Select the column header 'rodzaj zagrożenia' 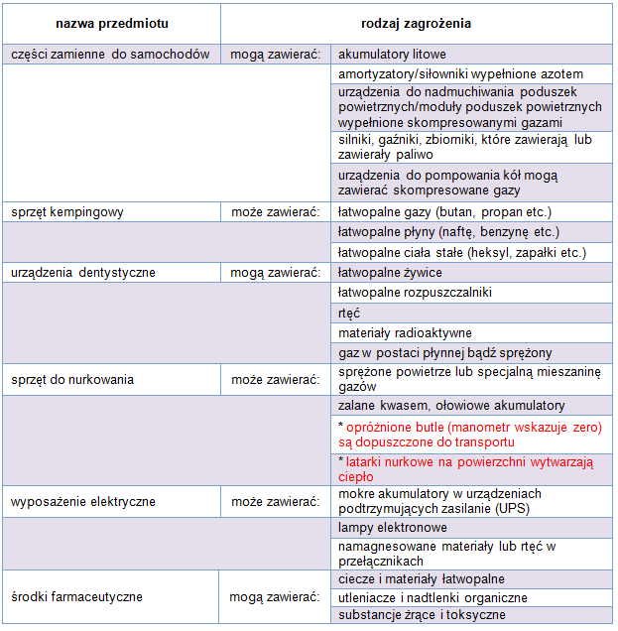click(x=416, y=22)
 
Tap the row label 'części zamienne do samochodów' click(x=110, y=55)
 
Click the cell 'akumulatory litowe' click(x=392, y=55)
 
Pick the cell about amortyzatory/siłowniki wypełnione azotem click(x=460, y=74)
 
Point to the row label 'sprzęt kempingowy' click(x=66, y=211)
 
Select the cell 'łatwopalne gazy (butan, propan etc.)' click(x=443, y=211)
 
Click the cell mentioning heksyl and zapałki click(x=461, y=252)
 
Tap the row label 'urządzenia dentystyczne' click(x=83, y=272)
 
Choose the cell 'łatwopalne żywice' click(x=390, y=272)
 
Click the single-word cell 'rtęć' click(x=349, y=313)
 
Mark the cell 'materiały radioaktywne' click(x=405, y=332)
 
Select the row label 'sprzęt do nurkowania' click(x=72, y=379)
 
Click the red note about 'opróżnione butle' click(x=469, y=434)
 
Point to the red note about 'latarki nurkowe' click(x=464, y=468)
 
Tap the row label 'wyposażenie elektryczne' click(x=83, y=501)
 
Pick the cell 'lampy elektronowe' click(x=391, y=529)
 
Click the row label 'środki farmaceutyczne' click(x=77, y=597)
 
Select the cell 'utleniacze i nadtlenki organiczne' click(x=433, y=597)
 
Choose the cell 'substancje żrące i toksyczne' click(x=422, y=615)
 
